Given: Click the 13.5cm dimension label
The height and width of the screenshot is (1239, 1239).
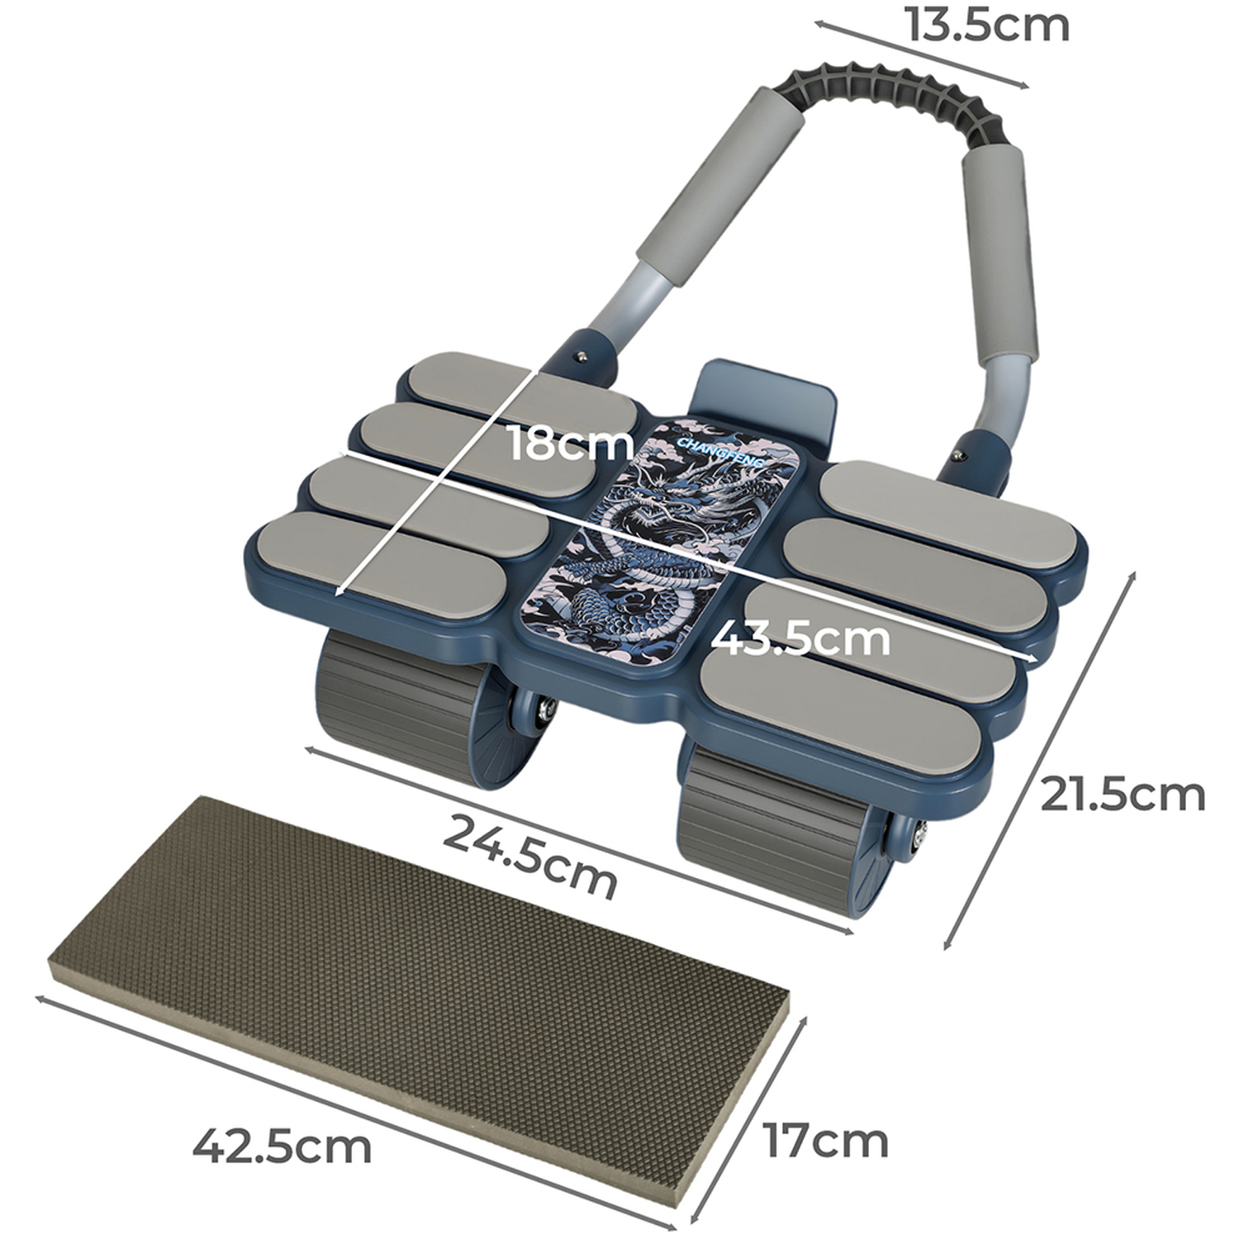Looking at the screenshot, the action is pyautogui.click(x=987, y=25).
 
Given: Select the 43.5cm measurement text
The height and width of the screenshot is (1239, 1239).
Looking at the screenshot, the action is pyautogui.click(x=800, y=638).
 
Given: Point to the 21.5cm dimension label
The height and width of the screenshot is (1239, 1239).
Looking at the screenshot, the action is pyautogui.click(x=1123, y=794).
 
